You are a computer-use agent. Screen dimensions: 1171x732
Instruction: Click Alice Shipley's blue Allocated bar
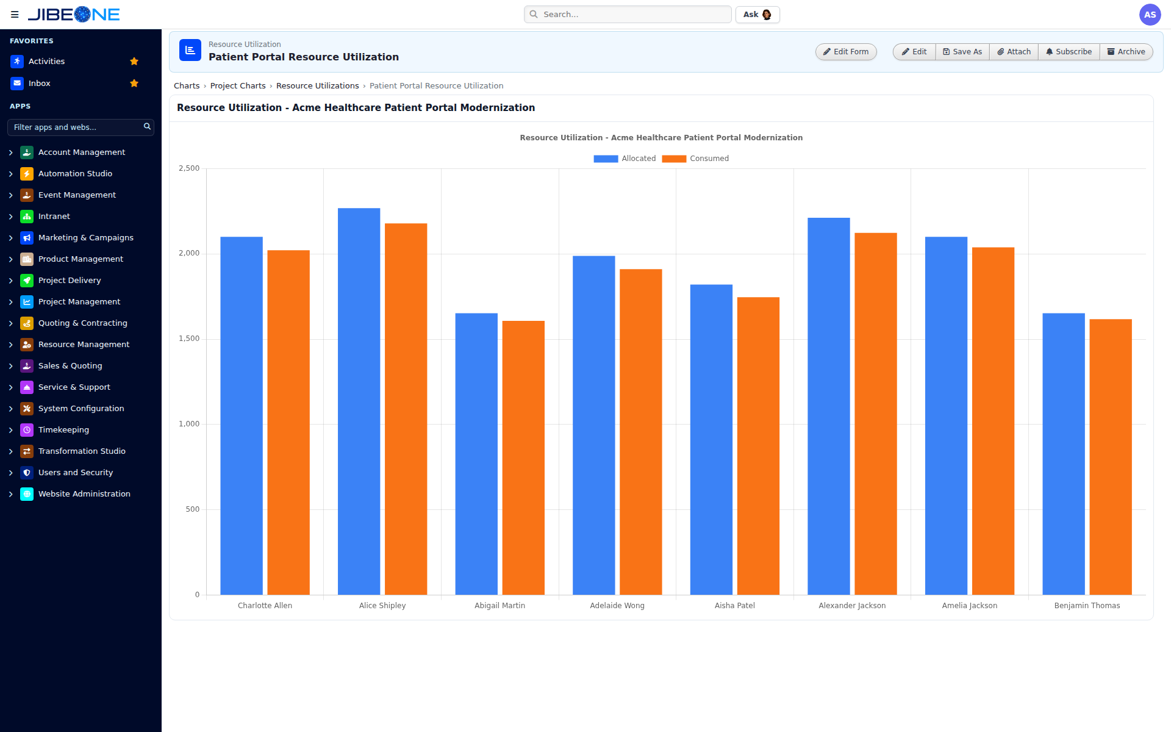(x=359, y=401)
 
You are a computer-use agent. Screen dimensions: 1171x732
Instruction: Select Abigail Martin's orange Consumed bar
(x=523, y=457)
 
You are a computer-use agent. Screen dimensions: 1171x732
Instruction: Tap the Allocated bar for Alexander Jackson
(x=828, y=406)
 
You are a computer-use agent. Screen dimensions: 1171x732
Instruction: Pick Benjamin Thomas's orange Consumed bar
(x=1111, y=457)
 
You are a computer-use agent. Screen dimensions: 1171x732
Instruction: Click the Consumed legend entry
(x=695, y=159)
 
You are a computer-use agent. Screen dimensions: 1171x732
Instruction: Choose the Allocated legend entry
(x=625, y=159)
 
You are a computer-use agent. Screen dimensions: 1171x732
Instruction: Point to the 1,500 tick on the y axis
(x=189, y=339)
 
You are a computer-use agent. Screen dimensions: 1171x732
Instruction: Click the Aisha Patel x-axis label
(x=734, y=606)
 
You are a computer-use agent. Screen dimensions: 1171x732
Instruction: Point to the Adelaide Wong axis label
(x=617, y=606)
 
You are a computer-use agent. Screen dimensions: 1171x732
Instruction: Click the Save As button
(x=962, y=52)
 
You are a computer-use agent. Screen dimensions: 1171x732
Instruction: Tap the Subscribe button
(x=1069, y=52)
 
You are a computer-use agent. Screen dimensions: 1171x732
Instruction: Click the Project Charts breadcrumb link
(x=238, y=86)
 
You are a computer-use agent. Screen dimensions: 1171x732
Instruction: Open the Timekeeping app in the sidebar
(x=63, y=430)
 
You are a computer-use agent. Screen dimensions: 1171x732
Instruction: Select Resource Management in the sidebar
(x=84, y=345)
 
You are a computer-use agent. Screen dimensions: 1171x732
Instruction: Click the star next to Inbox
(x=134, y=84)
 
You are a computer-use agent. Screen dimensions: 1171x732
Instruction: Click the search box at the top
(x=628, y=15)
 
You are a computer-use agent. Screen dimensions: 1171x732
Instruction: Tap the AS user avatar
(x=1150, y=15)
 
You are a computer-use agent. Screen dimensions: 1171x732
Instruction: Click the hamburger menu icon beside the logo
(x=15, y=15)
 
